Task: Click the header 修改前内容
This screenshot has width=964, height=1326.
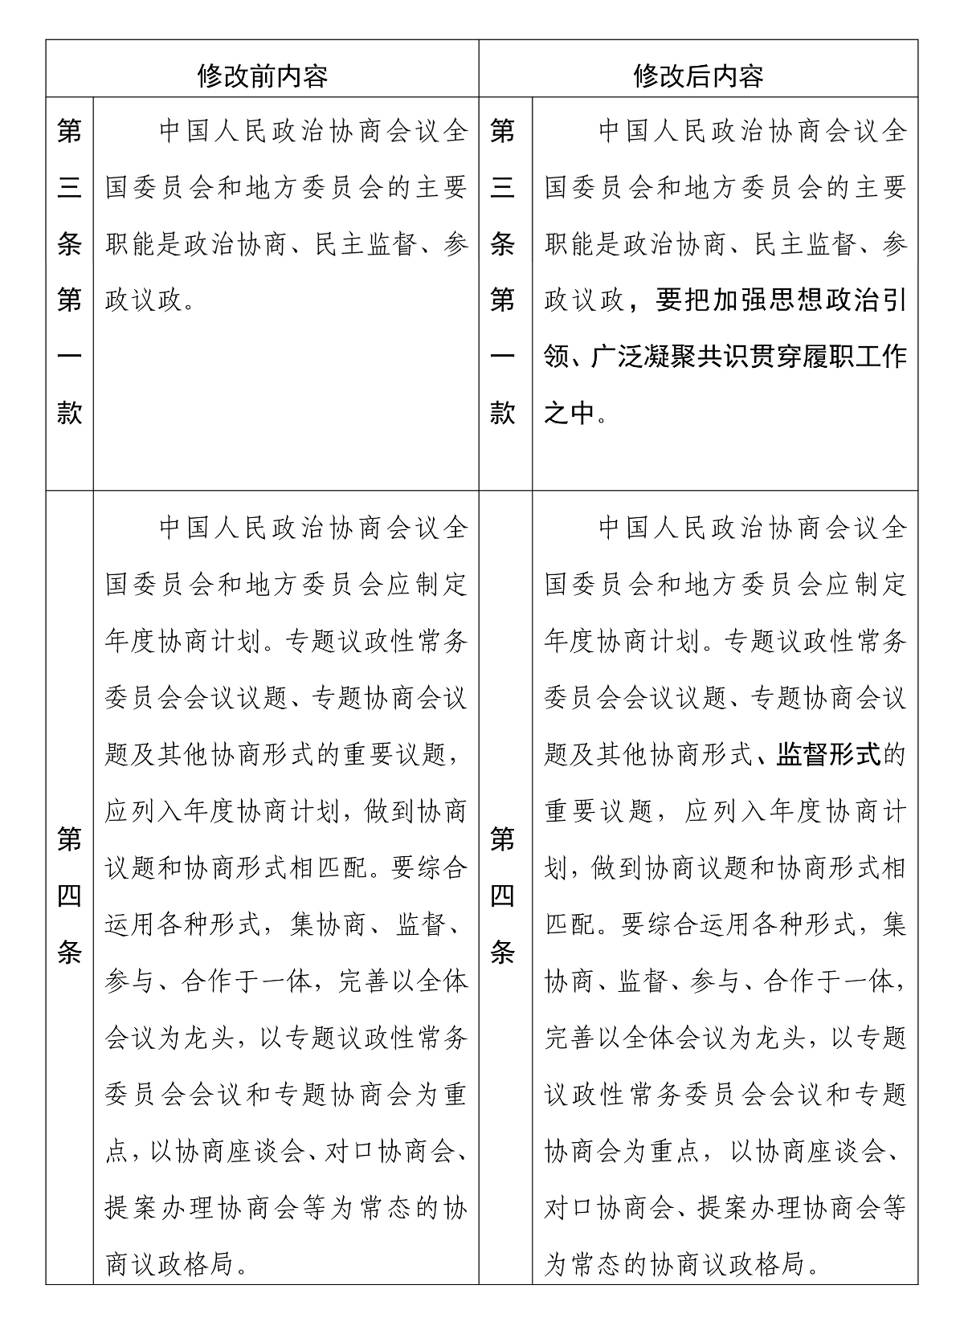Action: click(x=263, y=76)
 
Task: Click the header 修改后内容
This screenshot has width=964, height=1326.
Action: click(x=698, y=76)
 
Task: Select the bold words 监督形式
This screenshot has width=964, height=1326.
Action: click(x=828, y=755)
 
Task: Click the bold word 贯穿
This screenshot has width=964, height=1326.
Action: click(x=778, y=357)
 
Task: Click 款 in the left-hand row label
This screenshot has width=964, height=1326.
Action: click(x=70, y=413)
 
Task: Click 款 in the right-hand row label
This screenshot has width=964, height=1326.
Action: click(x=503, y=413)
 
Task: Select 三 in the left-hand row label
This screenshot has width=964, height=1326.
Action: click(x=70, y=187)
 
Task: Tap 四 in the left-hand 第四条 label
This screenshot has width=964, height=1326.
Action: click(x=70, y=896)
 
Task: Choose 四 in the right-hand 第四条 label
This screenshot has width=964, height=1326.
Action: click(x=503, y=896)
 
